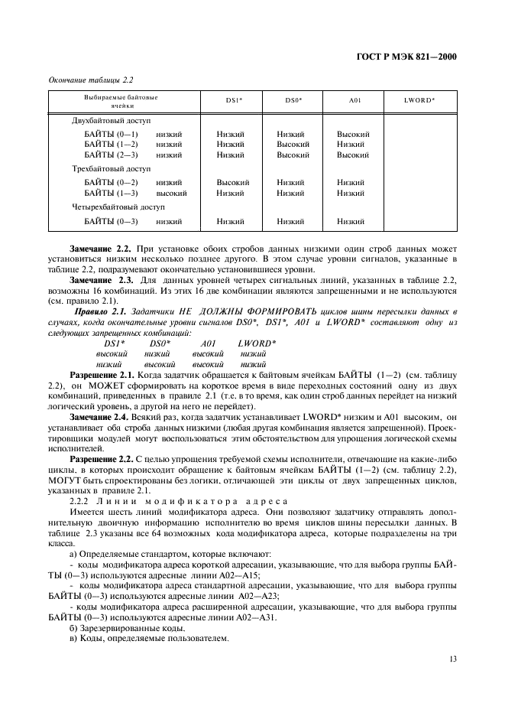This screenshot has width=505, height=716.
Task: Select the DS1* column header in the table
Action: pyautogui.click(x=231, y=100)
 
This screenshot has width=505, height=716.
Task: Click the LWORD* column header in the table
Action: pyautogui.click(x=419, y=100)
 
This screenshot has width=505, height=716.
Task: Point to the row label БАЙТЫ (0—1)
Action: pyautogui.click(x=111, y=134)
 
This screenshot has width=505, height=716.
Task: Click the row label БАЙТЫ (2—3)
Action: pyautogui.click(x=111, y=155)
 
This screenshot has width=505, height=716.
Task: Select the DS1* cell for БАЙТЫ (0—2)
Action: pyautogui.click(x=233, y=183)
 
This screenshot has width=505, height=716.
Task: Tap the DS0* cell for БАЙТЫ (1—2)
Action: pyautogui.click(x=293, y=144)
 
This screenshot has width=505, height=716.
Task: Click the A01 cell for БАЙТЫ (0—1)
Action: pyautogui.click(x=353, y=134)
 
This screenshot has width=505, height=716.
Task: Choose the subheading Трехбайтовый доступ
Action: pyautogui.click(x=112, y=168)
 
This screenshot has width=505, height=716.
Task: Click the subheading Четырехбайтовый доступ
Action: pyautogui.click(x=118, y=207)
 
